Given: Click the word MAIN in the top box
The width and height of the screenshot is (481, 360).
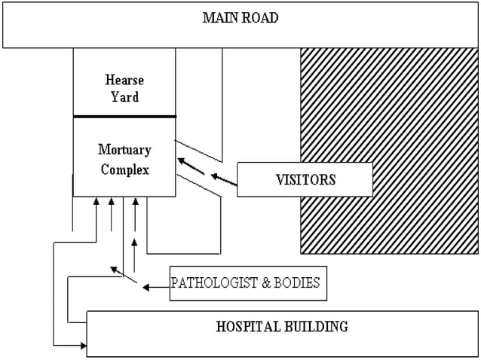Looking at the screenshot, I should click(219, 17).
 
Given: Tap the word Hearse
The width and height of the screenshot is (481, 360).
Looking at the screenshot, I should click(124, 80).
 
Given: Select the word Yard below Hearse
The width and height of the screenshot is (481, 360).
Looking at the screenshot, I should click(124, 96).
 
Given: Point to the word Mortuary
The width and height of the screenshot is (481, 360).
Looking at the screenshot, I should click(124, 150).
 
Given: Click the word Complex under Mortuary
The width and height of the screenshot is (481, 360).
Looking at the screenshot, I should click(124, 169).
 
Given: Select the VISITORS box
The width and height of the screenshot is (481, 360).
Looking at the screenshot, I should click(305, 180).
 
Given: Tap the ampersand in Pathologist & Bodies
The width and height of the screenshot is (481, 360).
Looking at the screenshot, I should click(259, 284).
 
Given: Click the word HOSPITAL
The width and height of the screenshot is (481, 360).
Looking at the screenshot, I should click(244, 327).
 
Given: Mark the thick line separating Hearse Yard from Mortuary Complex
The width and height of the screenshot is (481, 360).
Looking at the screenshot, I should click(124, 117).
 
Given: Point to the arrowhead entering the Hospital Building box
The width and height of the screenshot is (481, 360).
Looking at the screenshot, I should click(82, 345).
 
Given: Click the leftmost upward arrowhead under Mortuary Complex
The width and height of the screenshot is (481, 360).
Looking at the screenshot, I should click(97, 202).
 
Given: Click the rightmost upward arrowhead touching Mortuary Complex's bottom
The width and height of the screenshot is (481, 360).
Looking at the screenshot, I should click(135, 202).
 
